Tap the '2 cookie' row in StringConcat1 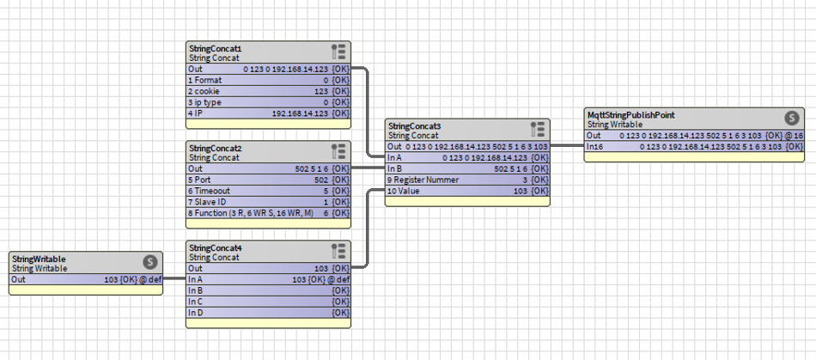(x=269, y=91)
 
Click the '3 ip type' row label (x=204, y=102)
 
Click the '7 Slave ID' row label (x=207, y=202)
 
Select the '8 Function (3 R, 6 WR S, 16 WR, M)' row (x=269, y=213)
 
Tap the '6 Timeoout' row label (x=209, y=191)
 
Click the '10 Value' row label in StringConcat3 (x=404, y=191)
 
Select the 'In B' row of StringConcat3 (x=467, y=168)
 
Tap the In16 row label (x=595, y=147)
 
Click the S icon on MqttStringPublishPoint (x=792, y=118)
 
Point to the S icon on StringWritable (x=149, y=262)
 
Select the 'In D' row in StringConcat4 (x=269, y=313)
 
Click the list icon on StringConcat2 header (x=338, y=151)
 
